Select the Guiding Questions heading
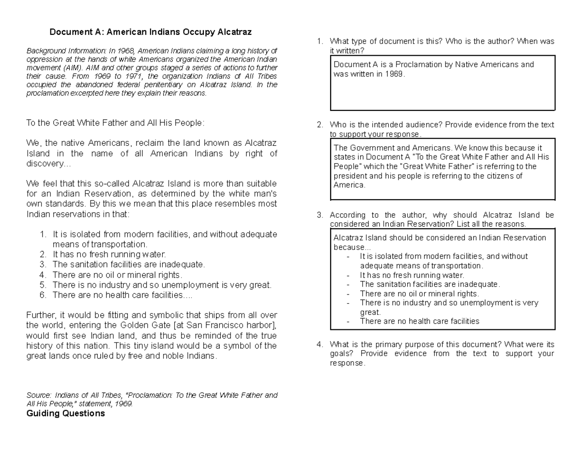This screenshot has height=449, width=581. point(65,413)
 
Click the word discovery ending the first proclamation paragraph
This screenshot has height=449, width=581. point(46,164)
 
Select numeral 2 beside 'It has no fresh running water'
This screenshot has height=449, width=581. point(43,254)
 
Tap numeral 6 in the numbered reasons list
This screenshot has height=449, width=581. point(43,294)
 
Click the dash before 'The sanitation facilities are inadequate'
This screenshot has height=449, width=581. point(349,284)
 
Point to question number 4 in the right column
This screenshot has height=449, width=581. point(320,344)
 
